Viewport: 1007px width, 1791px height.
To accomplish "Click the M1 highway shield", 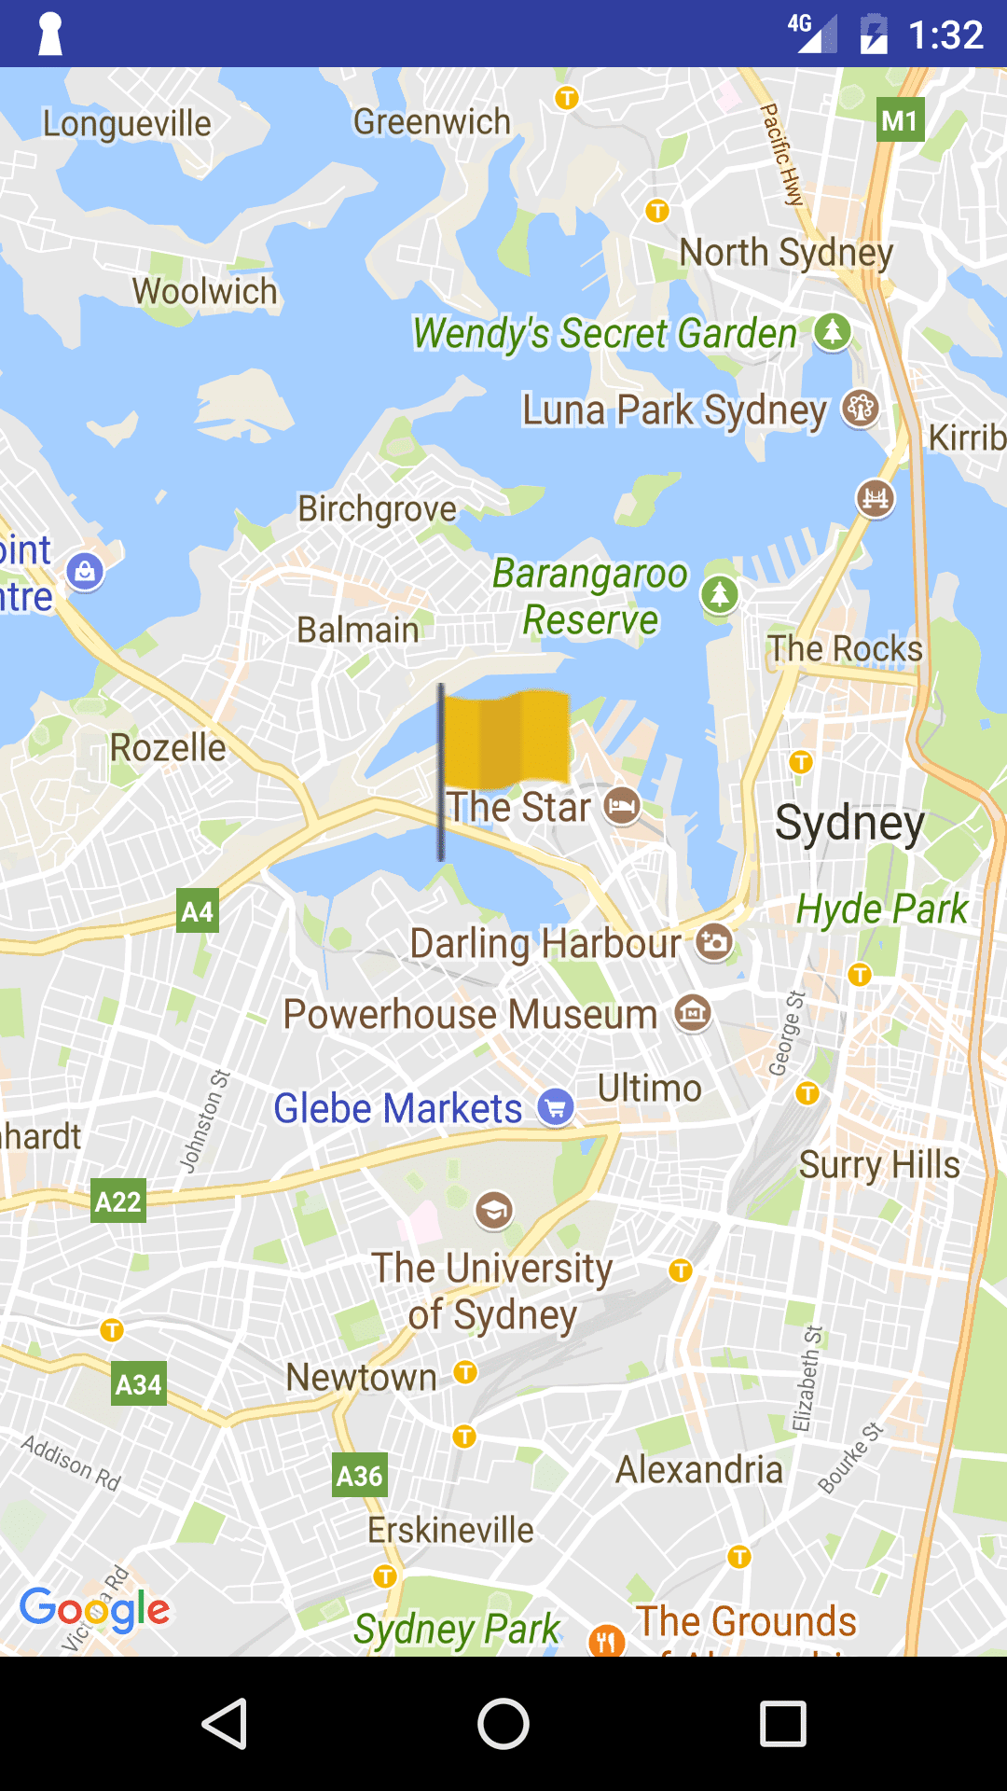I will click(x=900, y=120).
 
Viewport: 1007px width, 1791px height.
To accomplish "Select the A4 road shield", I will click(x=198, y=911).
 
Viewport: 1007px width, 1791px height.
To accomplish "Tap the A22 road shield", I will click(x=118, y=1201).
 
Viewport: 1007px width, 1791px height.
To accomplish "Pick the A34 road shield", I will click(x=139, y=1384).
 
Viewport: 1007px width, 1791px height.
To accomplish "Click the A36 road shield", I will click(x=360, y=1476).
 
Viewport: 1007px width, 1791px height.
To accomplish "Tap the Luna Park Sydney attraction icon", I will click(x=860, y=409).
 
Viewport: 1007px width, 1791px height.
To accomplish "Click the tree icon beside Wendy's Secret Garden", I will click(x=832, y=331).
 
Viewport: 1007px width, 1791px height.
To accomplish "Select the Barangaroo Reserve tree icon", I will click(x=719, y=594).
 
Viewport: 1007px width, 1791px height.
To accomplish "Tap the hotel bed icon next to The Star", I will click(x=622, y=806).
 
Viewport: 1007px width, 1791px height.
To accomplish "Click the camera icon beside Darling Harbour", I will click(x=715, y=942).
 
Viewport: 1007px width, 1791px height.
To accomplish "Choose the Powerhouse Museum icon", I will click(x=693, y=1013).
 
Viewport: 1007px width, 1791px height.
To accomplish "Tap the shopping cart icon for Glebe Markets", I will click(x=556, y=1108).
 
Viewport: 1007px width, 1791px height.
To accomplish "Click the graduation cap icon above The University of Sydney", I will click(x=494, y=1210).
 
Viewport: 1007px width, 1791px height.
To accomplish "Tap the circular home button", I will click(x=504, y=1724).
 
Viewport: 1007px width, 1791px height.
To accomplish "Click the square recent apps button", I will click(x=783, y=1724).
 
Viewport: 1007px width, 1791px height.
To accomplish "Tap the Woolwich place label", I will click(x=205, y=291).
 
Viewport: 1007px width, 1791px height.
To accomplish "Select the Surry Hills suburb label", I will click(x=879, y=1165).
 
